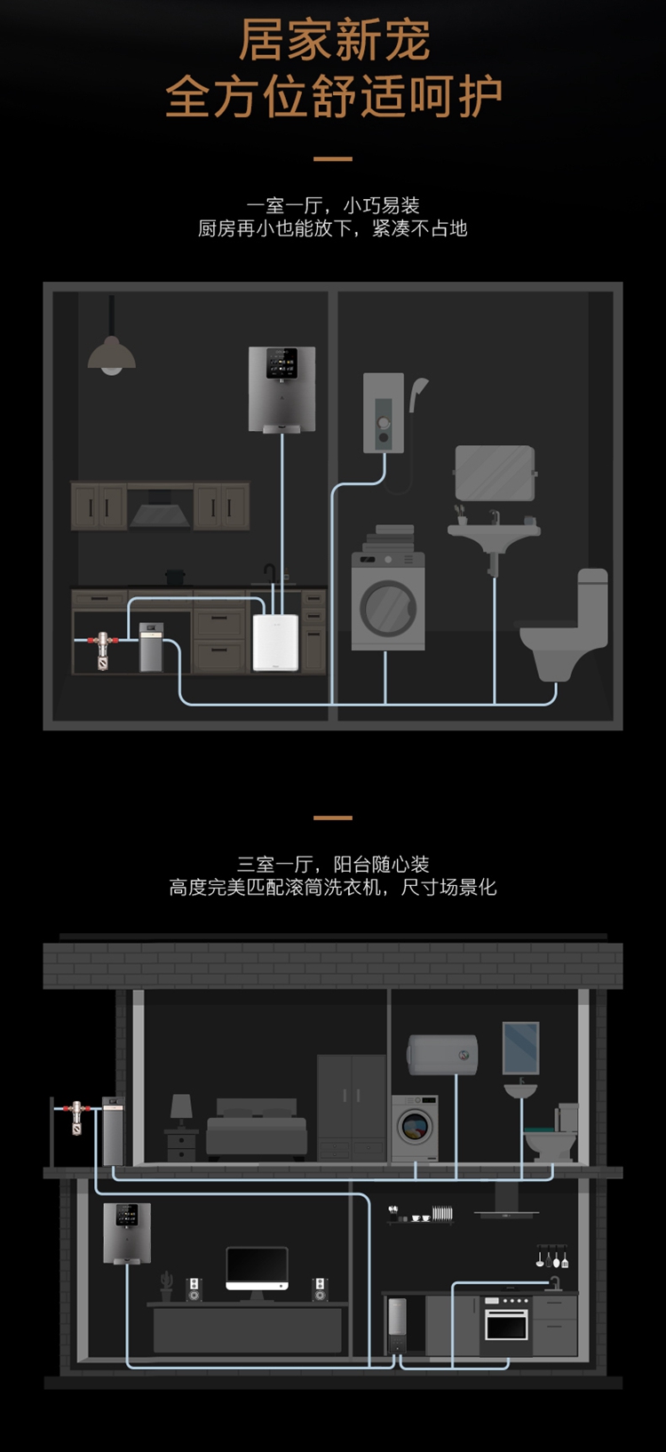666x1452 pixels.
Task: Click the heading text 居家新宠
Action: click(x=334, y=41)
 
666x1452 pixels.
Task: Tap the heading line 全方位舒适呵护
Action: click(x=334, y=97)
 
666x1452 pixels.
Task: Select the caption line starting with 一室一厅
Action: click(x=333, y=206)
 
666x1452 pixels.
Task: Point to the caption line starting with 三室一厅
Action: click(x=333, y=865)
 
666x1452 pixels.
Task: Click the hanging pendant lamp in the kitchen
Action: click(x=112, y=355)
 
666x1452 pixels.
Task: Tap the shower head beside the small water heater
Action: click(x=418, y=391)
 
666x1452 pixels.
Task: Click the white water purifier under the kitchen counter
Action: click(x=275, y=642)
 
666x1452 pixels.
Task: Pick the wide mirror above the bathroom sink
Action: click(x=495, y=473)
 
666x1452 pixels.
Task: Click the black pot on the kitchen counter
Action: click(x=176, y=578)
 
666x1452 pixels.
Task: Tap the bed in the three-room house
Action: click(x=257, y=1131)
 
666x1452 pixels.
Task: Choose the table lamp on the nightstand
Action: click(x=181, y=1108)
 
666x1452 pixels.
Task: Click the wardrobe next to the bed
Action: click(x=352, y=1106)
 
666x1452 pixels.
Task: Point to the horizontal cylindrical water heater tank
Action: click(x=442, y=1055)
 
